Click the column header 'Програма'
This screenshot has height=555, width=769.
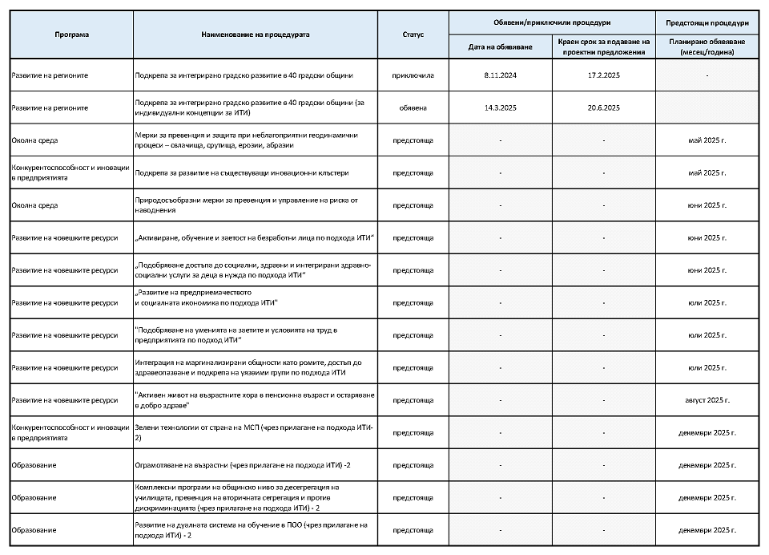click(x=71, y=34)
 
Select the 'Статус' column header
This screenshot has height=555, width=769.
click(x=413, y=34)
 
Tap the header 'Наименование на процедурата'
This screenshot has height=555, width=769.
click(x=255, y=34)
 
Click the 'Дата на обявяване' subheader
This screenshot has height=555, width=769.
click(x=500, y=47)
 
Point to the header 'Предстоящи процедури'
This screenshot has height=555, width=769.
click(x=707, y=22)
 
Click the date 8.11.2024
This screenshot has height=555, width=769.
click(x=500, y=75)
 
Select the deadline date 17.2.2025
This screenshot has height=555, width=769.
click(x=603, y=75)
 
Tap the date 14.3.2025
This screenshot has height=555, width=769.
click(x=500, y=107)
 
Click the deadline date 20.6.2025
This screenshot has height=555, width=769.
click(x=603, y=107)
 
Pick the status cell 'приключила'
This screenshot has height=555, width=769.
click(x=413, y=75)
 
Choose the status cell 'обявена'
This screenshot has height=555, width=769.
click(x=413, y=107)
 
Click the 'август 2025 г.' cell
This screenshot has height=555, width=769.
click(x=707, y=400)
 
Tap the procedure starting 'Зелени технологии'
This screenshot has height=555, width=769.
click(x=254, y=433)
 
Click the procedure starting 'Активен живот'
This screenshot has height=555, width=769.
click(x=254, y=400)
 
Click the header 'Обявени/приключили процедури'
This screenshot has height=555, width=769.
click(x=552, y=22)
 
